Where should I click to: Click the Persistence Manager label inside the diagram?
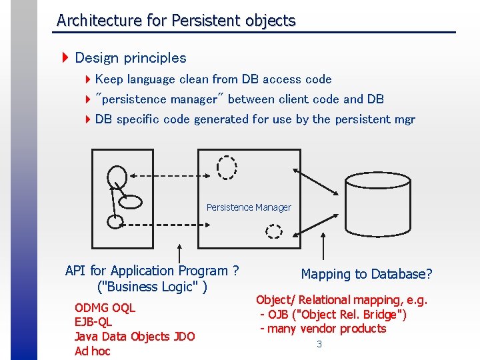pyautogui.click(x=249, y=207)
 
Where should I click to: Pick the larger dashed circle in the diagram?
pyautogui.click(x=227, y=167)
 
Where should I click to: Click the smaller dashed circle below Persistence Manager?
pyautogui.click(x=274, y=231)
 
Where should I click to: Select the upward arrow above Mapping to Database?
pyautogui.click(x=323, y=247)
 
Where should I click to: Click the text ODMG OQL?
pyautogui.click(x=105, y=308)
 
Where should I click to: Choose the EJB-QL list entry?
pyautogui.click(x=93, y=322)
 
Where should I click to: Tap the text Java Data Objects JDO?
pyautogui.click(x=134, y=337)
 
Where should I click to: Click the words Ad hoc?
pyautogui.click(x=92, y=351)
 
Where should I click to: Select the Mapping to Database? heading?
pyautogui.click(x=367, y=274)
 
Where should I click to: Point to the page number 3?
pyautogui.click(x=319, y=344)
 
